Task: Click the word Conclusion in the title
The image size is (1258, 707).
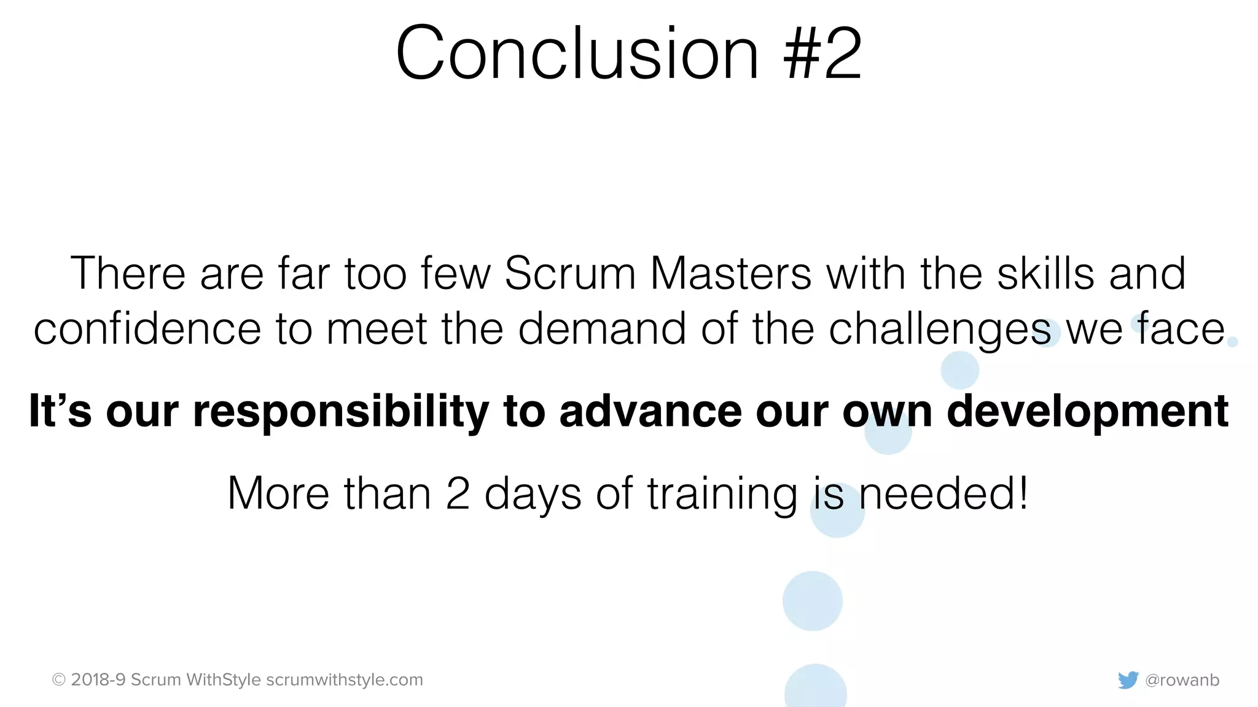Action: click(x=577, y=54)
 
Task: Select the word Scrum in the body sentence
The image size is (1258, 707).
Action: click(x=569, y=273)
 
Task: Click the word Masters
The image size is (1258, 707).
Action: click(x=730, y=273)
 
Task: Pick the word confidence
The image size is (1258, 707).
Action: click(x=147, y=329)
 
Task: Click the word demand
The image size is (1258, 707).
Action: click(x=602, y=329)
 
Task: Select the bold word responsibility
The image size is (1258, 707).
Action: click(x=341, y=412)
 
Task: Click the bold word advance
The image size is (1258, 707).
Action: click(x=650, y=411)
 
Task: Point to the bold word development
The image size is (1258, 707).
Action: click(x=1087, y=412)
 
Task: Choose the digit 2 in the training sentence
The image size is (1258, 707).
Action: click(x=458, y=493)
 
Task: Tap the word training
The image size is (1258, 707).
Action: click(x=722, y=495)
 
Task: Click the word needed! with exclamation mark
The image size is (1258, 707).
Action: click(x=943, y=493)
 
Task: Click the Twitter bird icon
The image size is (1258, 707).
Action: click(x=1128, y=680)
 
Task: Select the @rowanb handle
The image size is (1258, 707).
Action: click(x=1182, y=680)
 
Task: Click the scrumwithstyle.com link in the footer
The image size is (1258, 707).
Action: click(x=345, y=680)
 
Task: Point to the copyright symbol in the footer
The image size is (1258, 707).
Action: click(x=59, y=680)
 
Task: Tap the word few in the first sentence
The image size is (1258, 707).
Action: click(x=455, y=273)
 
